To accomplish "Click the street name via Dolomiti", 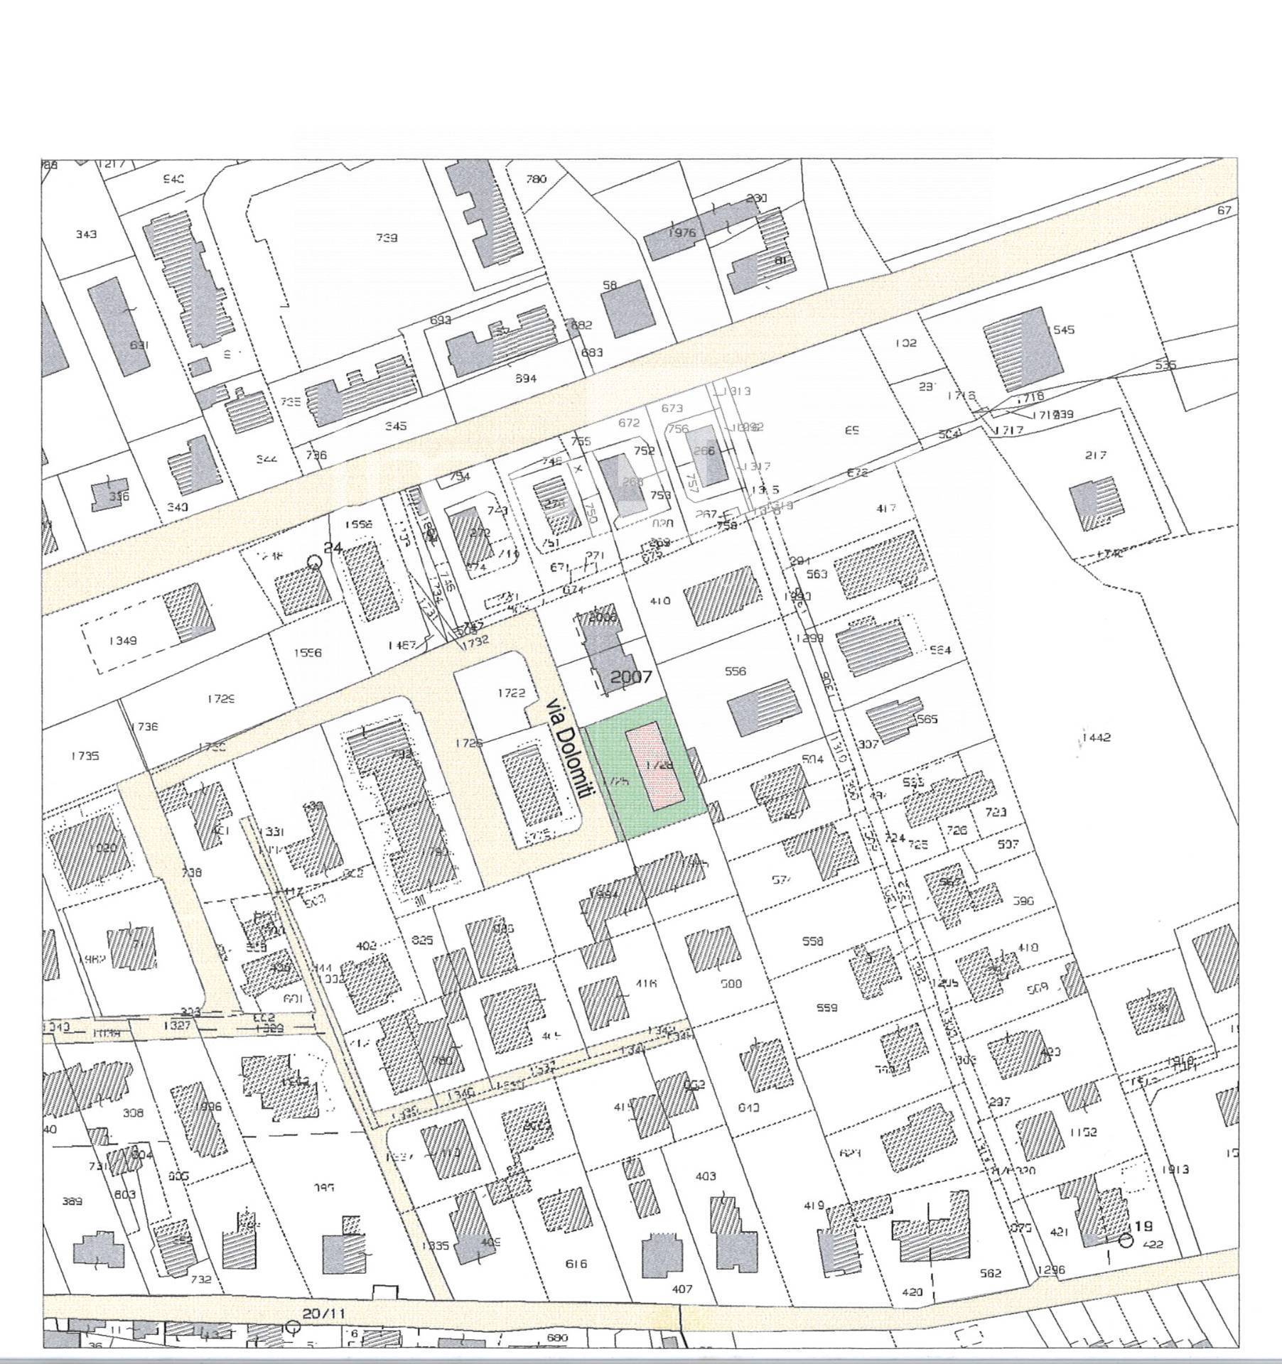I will click(x=567, y=749).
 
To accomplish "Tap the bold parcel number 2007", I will click(x=631, y=676).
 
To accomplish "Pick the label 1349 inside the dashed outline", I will click(x=123, y=640).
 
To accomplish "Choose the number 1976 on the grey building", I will click(x=681, y=232).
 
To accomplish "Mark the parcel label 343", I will click(x=86, y=234).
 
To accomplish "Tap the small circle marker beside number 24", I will click(x=314, y=562).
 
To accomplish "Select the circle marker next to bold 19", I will click(x=1126, y=1240).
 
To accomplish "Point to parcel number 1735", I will click(x=85, y=756).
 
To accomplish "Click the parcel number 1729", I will click(x=221, y=699).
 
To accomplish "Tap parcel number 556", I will click(x=736, y=671).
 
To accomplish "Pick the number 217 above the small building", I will click(x=1096, y=455).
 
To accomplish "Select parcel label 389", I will click(x=72, y=1201).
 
